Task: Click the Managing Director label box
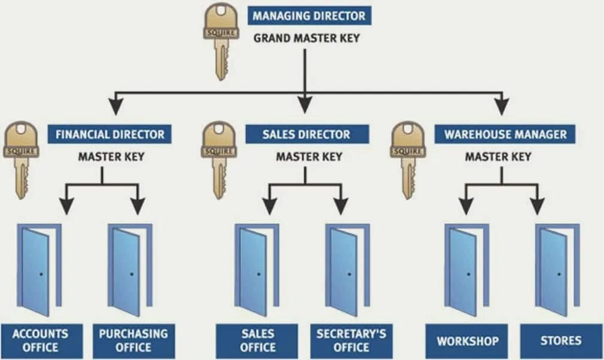(x=309, y=16)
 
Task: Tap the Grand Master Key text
(x=307, y=38)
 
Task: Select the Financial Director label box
(x=110, y=134)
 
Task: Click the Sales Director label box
(x=307, y=134)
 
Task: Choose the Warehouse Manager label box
(x=505, y=134)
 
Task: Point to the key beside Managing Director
(x=221, y=41)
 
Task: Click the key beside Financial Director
(x=21, y=159)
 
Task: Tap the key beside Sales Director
(x=219, y=159)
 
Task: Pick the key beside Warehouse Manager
(x=408, y=159)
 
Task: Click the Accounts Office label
(x=41, y=340)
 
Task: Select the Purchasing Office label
(x=133, y=340)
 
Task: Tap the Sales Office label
(x=257, y=340)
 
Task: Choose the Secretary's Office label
(x=352, y=340)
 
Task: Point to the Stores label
(x=560, y=341)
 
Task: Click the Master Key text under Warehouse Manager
(x=498, y=157)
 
